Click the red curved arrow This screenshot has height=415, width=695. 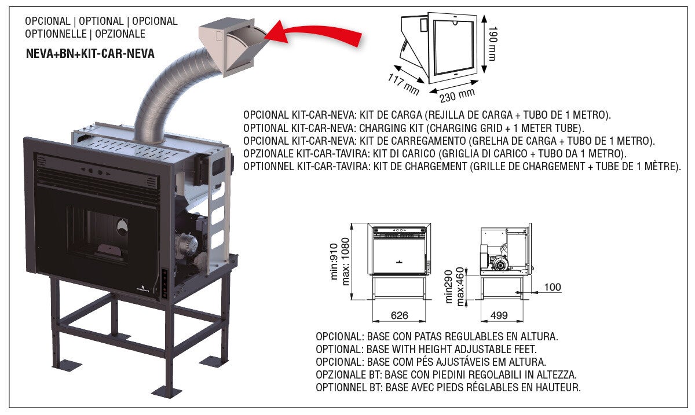pyautogui.click(x=313, y=32)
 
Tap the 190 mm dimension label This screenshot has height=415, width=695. pyautogui.click(x=492, y=43)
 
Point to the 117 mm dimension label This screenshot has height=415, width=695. pyautogui.click(x=403, y=85)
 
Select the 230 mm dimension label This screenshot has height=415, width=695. pyautogui.click(x=457, y=96)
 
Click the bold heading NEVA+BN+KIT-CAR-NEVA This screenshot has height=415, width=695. pyautogui.click(x=90, y=54)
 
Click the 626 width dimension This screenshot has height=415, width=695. pyautogui.click(x=399, y=315)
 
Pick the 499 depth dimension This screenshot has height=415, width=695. pyautogui.click(x=499, y=315)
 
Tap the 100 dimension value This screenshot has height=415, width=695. pyautogui.click(x=553, y=287)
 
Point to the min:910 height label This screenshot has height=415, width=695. pyautogui.click(x=334, y=262)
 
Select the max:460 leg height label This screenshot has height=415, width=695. pyautogui.click(x=460, y=287)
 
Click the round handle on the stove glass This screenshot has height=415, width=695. pyautogui.click(x=122, y=227)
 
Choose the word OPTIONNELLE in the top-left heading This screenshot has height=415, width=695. pyautogui.click(x=56, y=34)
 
